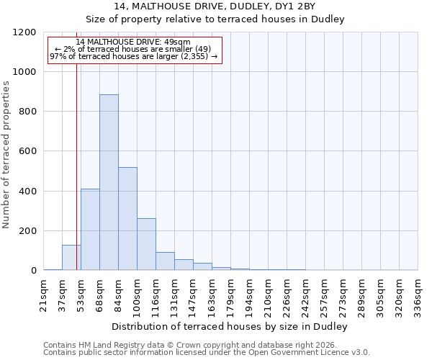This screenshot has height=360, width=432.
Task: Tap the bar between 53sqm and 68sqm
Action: coord(90,229)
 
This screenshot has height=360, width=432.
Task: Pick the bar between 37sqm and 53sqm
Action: coord(71,257)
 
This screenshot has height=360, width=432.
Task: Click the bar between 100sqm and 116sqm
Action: coord(146,244)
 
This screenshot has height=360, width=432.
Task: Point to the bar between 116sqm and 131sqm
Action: coord(165,261)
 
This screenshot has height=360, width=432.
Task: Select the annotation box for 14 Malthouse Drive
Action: coord(134,50)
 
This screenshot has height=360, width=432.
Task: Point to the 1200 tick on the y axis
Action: coord(24,32)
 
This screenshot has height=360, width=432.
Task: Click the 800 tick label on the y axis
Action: coord(27,112)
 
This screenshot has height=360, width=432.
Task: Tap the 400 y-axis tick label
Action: coord(27,192)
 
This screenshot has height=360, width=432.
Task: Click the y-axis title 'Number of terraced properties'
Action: coord(6,155)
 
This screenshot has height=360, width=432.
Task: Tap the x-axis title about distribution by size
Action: coord(230,326)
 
